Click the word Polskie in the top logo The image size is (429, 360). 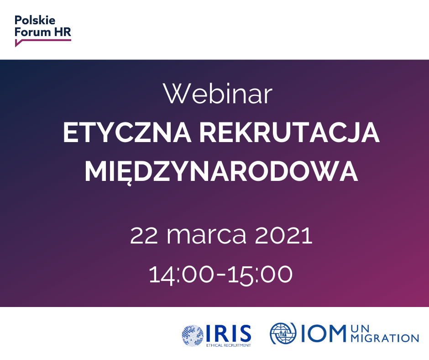(35, 20)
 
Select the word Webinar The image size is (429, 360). (218, 94)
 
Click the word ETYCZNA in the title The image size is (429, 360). (127, 132)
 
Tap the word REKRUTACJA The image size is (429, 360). (289, 132)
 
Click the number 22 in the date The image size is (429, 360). (144, 235)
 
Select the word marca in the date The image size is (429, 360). (207, 235)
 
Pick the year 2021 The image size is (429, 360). (283, 235)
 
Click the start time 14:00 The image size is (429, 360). (181, 274)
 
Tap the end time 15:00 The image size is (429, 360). (260, 274)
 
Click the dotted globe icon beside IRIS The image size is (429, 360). (193, 336)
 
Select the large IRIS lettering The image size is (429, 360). (229, 334)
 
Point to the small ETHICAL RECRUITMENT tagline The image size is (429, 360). (229, 345)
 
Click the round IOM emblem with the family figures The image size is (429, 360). (283, 334)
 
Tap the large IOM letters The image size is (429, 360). (323, 333)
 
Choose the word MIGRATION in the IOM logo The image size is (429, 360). (385, 338)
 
